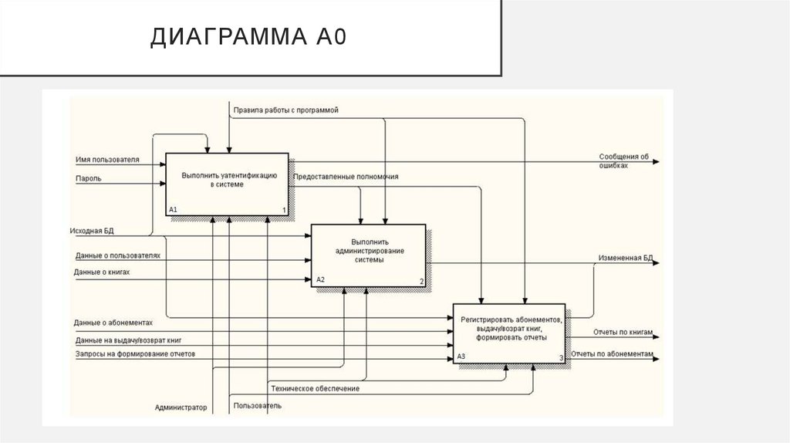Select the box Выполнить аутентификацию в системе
coord(228,184)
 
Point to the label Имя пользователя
coord(107,160)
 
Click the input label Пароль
coord(88,179)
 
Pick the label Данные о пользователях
coord(117,255)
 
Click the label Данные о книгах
coord(102,272)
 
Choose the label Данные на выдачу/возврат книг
coord(128,340)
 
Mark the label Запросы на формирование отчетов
coord(135,353)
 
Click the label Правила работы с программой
coord(286,110)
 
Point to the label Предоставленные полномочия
coord(346,177)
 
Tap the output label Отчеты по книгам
coord(623,333)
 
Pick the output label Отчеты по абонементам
coord(613,353)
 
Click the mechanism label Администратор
coord(181,407)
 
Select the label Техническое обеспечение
coord(314,388)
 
